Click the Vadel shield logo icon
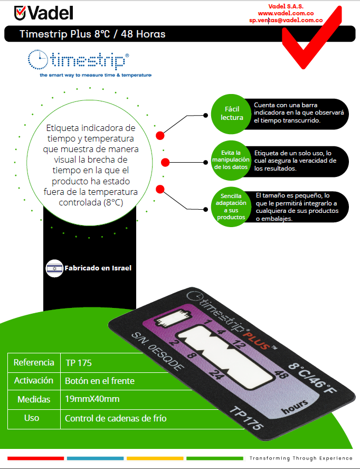click(20, 12)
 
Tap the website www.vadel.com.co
click(286, 13)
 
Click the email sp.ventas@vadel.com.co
click(286, 20)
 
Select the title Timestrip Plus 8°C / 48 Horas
click(92, 34)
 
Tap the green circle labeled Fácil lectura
click(232, 114)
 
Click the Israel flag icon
click(54, 268)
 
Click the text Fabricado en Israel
click(98, 268)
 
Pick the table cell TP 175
click(79, 363)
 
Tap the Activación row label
click(34, 381)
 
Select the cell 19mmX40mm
click(92, 399)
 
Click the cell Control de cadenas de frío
click(116, 418)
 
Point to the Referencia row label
click(34, 363)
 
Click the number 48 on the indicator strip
click(281, 376)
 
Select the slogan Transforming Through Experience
click(301, 458)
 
